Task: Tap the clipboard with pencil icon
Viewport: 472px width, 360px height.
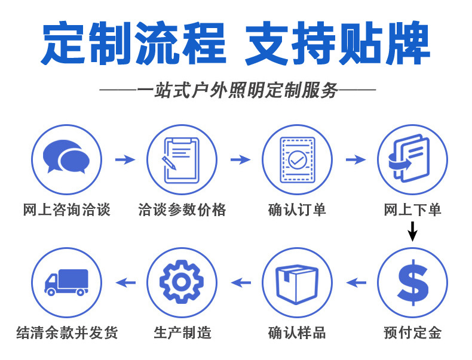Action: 182,159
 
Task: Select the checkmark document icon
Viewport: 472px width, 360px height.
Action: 297,159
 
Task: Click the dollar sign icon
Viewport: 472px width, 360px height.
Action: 412,282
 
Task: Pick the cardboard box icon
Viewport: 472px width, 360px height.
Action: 297,282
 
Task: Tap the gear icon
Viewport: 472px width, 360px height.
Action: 182,282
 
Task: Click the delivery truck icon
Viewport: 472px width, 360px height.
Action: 66,282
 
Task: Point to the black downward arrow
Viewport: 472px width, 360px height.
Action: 412,230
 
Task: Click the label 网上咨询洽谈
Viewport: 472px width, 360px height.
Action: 66,210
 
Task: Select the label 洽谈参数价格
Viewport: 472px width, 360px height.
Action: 182,210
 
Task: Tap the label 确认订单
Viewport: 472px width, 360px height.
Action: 297,210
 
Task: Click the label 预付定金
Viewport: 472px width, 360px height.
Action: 412,333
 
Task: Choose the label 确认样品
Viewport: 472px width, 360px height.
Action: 297,333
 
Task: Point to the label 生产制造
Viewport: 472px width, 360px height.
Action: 182,333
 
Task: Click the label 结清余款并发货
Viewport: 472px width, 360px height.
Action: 66,333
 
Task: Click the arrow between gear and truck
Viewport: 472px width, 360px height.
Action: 125,282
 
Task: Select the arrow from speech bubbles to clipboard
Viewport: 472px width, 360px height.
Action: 125,159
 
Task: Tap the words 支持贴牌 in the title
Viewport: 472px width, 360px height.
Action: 337,45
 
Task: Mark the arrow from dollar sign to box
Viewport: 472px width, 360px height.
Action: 356,282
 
